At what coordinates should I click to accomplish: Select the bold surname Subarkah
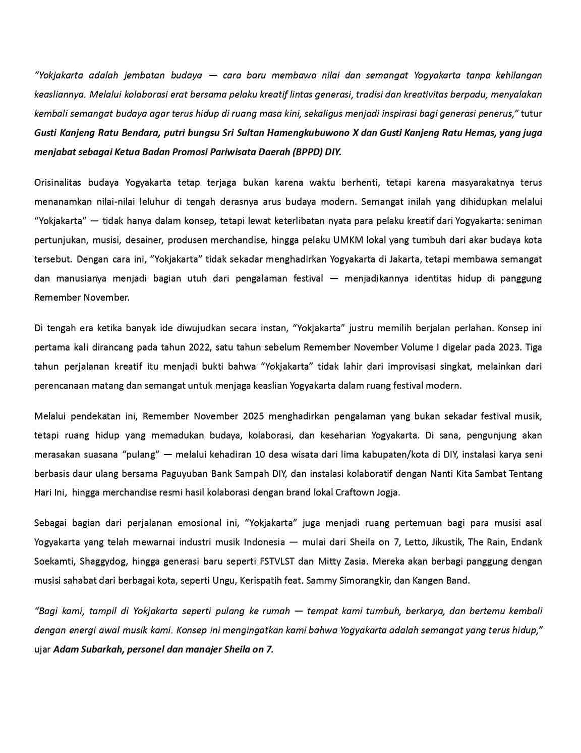click(x=101, y=649)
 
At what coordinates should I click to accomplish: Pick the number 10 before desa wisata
click(x=260, y=454)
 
